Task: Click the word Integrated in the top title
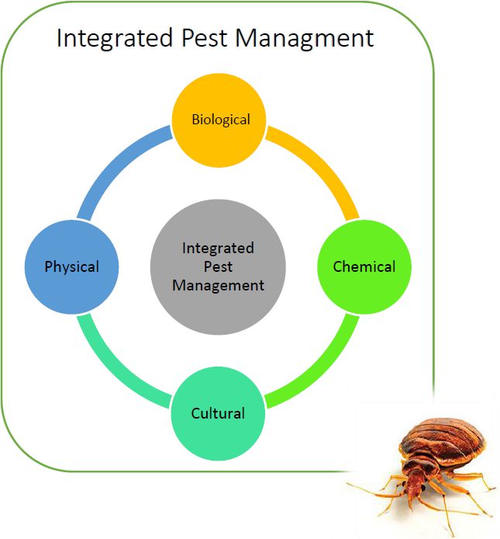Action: tap(115, 39)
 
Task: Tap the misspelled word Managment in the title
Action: tap(305, 39)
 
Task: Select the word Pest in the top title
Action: tap(204, 37)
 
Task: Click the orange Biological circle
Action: tap(219, 120)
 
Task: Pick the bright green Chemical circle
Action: tap(364, 266)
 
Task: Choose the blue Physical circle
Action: tap(72, 266)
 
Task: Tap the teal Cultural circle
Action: tap(218, 413)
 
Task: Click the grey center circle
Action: tap(218, 266)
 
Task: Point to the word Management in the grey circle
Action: tap(219, 286)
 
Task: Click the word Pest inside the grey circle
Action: tap(219, 266)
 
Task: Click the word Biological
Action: tap(221, 120)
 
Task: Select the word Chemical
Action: tap(364, 266)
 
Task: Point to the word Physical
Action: tap(72, 267)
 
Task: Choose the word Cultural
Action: tap(218, 413)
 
